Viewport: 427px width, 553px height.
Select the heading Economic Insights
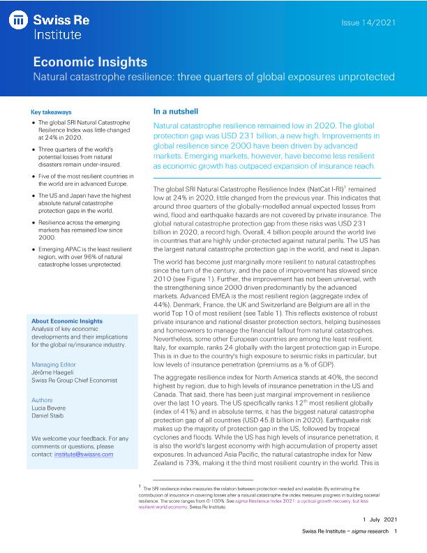click(x=90, y=61)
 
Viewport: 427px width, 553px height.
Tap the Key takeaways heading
click(x=51, y=112)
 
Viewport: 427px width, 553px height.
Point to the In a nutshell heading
click(x=176, y=111)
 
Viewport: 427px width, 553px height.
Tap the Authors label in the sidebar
click(x=43, y=400)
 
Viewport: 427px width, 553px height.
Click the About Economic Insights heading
click(x=67, y=321)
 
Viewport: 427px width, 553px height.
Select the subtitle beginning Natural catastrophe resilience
click(x=214, y=75)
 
